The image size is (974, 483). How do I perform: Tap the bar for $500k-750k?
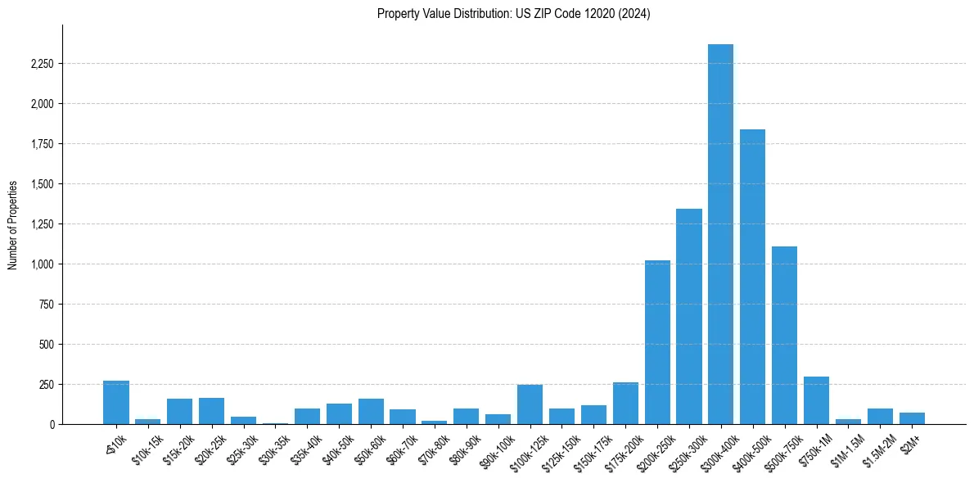click(x=784, y=336)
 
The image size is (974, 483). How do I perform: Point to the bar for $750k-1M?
click(x=816, y=400)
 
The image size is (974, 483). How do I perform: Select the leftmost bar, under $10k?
click(x=116, y=403)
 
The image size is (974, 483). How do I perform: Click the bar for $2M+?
click(x=912, y=418)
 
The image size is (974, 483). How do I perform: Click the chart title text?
click(x=513, y=14)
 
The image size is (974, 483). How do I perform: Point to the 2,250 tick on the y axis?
click(x=41, y=64)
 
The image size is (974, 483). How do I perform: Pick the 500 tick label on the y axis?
click(x=46, y=345)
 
